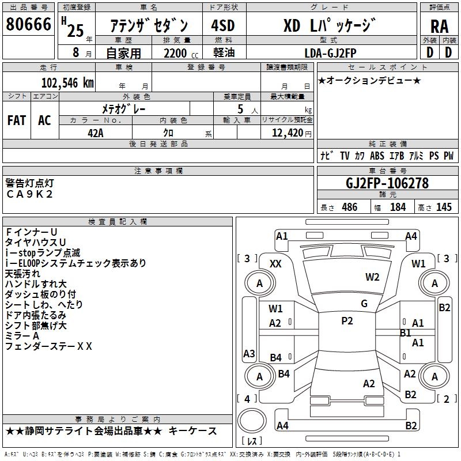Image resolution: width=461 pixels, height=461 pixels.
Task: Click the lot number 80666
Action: click(x=28, y=25)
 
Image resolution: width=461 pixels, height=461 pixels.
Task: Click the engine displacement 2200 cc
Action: click(x=177, y=53)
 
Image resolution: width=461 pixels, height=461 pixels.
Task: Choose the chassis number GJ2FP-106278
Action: click(x=387, y=184)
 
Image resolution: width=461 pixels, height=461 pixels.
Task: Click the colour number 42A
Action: click(x=96, y=133)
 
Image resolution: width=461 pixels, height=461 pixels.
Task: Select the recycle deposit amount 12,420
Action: click(x=287, y=133)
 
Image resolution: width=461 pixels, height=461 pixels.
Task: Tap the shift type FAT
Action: click(x=17, y=120)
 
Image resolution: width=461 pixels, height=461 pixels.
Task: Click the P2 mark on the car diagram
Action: click(x=347, y=321)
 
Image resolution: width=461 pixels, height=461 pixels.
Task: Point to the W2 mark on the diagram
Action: click(x=372, y=277)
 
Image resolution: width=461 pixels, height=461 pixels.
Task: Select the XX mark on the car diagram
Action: click(x=275, y=264)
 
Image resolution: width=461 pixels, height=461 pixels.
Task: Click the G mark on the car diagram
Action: click(x=364, y=304)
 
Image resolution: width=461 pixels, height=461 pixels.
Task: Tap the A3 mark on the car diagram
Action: click(x=249, y=353)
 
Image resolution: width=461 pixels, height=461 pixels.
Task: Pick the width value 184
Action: click(x=398, y=207)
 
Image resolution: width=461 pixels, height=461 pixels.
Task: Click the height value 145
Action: click(x=444, y=207)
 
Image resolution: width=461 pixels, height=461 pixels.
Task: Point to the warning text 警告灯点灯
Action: click(x=29, y=183)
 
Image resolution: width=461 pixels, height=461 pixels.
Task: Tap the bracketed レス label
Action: click(x=253, y=442)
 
